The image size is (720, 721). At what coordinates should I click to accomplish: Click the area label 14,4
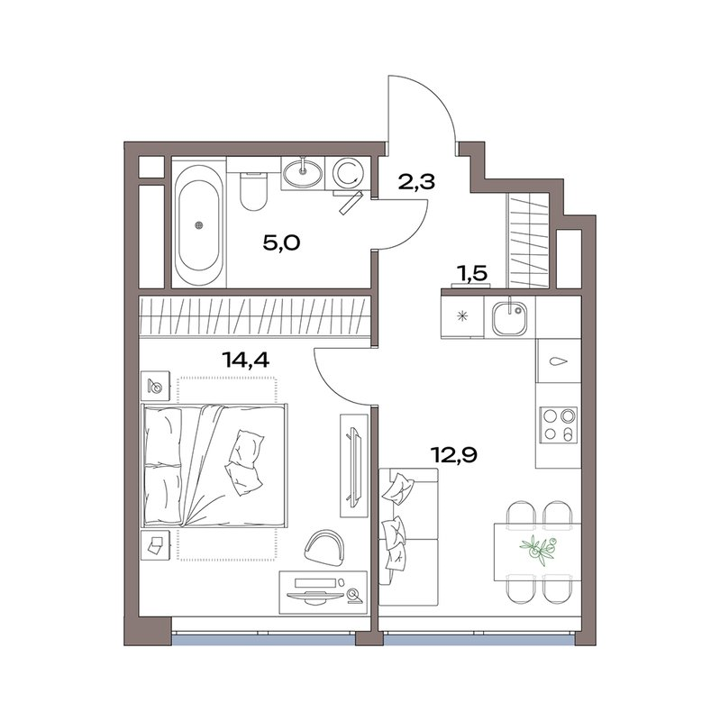coord(246,358)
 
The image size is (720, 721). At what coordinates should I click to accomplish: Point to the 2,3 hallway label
coord(416,181)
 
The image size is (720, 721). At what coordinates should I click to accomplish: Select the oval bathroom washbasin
coord(303,171)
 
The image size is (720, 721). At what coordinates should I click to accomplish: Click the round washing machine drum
coord(347,171)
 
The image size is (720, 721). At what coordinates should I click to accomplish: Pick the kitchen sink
coord(510,315)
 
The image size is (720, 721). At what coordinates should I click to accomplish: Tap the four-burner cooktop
coord(557,424)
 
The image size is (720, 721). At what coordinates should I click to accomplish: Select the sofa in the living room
coord(407,536)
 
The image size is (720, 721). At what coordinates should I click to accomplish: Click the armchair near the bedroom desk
coord(324,544)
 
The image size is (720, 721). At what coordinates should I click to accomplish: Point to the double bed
coord(216,465)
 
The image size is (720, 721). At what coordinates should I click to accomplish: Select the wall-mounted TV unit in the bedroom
coord(352,463)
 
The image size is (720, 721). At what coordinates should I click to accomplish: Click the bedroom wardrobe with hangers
coord(255,316)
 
